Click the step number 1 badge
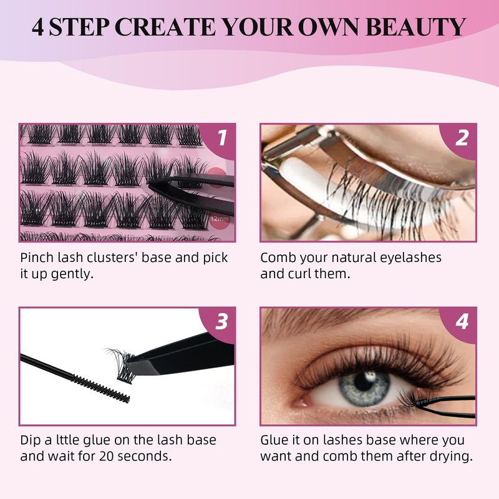coord(221,138)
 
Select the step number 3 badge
coord(221,322)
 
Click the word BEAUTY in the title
coord(416,27)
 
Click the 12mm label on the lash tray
coord(220,219)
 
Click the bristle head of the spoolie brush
coord(100,389)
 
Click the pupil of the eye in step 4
coord(363,381)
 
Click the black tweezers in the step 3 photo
coord(182,355)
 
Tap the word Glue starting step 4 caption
coord(275,440)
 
